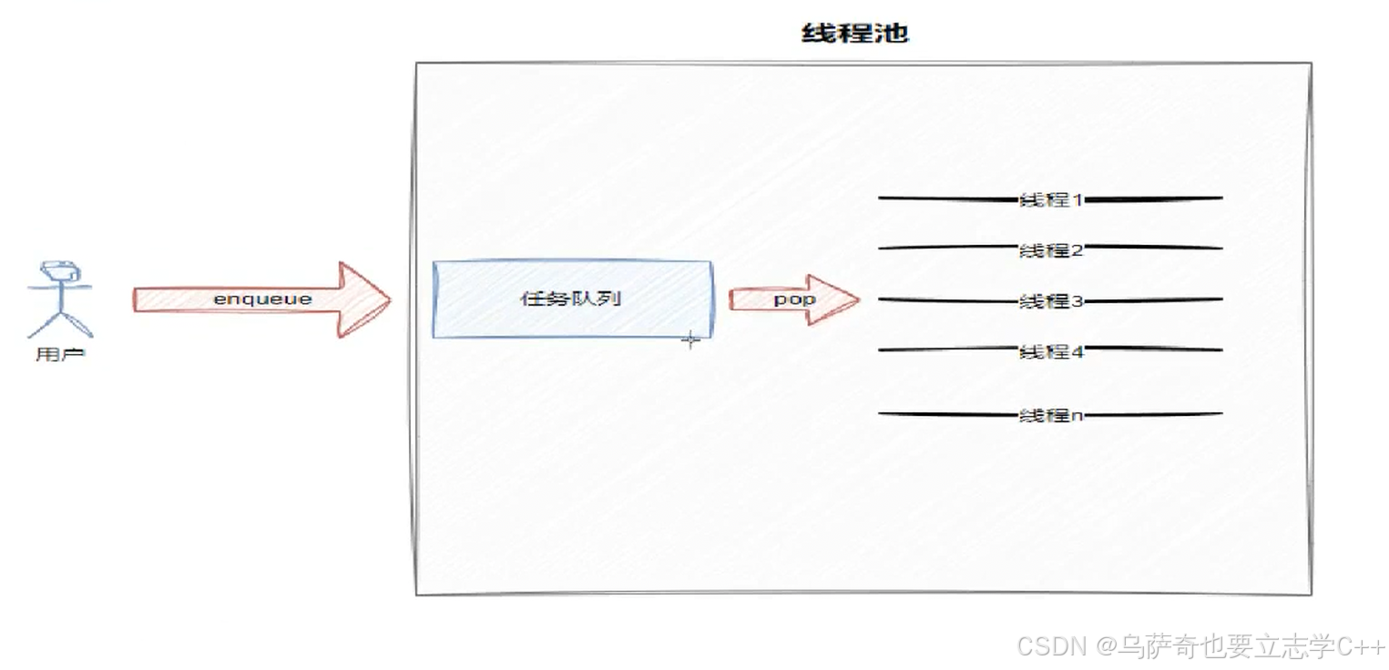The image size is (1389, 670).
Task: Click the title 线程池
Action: point(854,35)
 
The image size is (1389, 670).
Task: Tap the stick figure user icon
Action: point(60,299)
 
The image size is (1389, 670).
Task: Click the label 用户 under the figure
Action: point(60,354)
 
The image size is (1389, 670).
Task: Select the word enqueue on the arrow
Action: point(262,299)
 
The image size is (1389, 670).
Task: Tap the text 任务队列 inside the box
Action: point(572,299)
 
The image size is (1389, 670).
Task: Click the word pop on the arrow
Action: point(794,299)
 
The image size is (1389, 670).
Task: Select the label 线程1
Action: point(1050,199)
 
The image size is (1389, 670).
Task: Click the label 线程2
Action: point(1050,249)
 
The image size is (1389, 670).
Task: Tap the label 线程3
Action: point(1050,300)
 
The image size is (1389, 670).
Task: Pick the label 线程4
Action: point(1050,350)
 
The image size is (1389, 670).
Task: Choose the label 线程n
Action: point(1050,415)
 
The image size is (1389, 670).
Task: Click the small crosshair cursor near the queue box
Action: point(691,340)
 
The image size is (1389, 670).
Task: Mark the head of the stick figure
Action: point(60,270)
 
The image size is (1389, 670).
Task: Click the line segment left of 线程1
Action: point(947,198)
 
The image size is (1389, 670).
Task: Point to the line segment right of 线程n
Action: point(1152,415)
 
